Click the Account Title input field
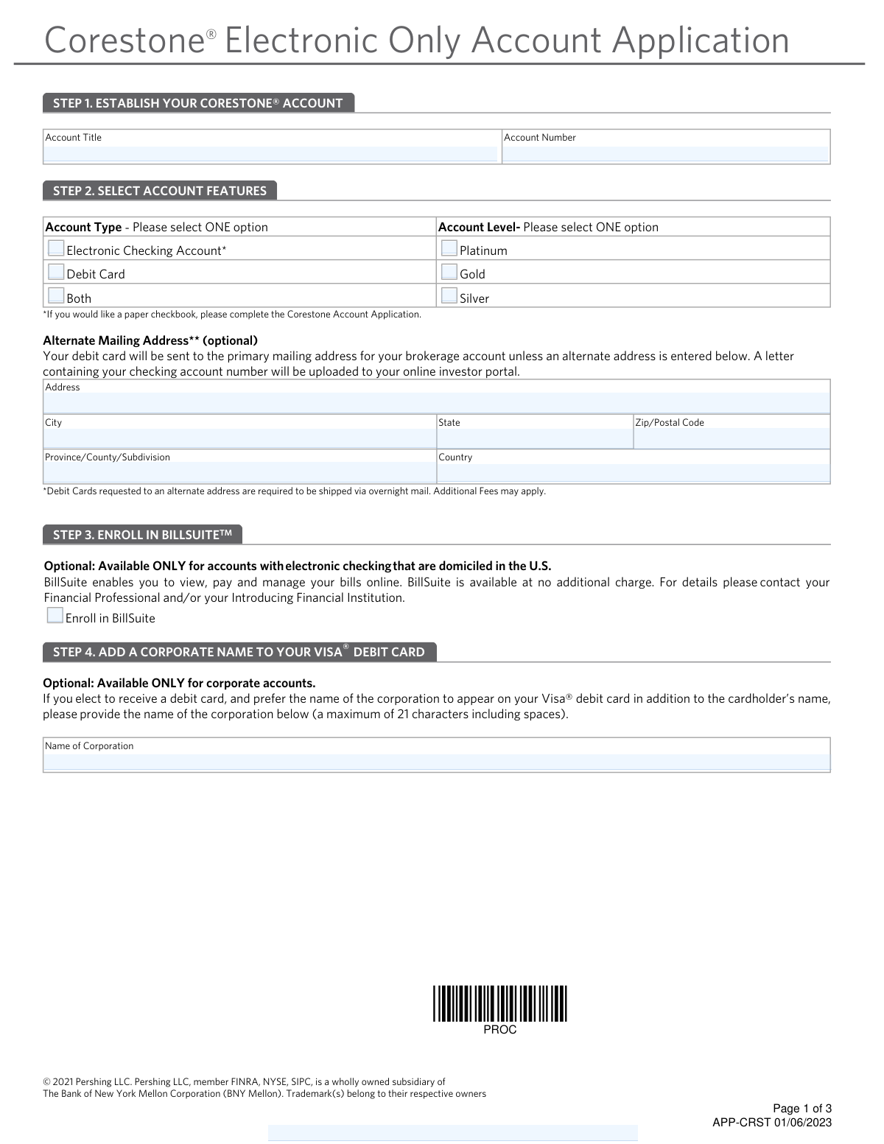[270, 154]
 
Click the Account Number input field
[665, 154]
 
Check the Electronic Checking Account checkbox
[56, 249]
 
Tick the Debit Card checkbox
[56, 273]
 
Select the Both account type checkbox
[56, 296]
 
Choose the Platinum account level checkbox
[449, 249]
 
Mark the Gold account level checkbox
[449, 273]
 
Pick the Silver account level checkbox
[449, 296]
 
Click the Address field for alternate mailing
[436, 403]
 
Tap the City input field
[239, 438]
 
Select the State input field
[535, 438]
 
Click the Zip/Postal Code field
[732, 438]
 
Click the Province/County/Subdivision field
[239, 472]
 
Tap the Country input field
[634, 472]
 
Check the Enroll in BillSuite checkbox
[55, 616]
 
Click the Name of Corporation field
[436, 762]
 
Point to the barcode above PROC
[500, 1003]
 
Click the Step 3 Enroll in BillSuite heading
[142, 535]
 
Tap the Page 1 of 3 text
[802, 1109]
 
